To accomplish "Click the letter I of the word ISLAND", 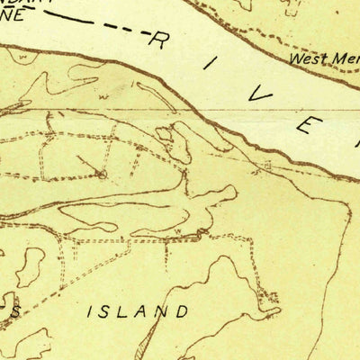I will (x=90, y=313).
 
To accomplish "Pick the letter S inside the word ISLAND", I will (x=106, y=313).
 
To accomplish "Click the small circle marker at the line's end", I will (x=102, y=174).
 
